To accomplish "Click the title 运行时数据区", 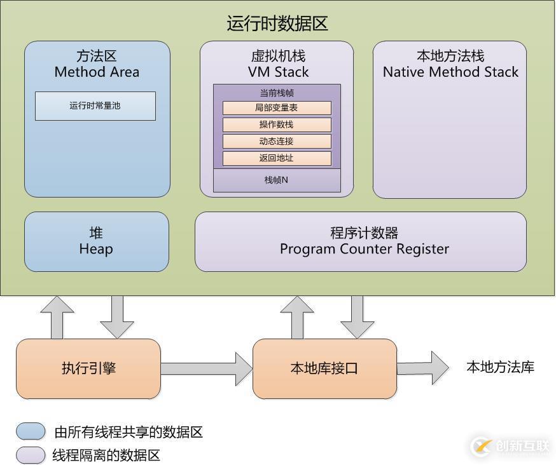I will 277,24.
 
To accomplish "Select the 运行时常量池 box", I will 95,106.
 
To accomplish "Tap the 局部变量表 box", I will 277,108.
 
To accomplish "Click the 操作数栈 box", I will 277,125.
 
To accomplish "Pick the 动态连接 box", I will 277,141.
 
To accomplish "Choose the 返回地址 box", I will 277,158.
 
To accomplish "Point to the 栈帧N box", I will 277,180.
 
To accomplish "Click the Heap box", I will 96,241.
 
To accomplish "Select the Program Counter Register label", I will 364,249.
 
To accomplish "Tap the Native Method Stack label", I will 450,72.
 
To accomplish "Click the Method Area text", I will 97,72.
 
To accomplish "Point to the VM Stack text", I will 278,72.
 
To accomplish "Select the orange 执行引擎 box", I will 88,368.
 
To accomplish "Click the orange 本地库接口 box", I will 324,368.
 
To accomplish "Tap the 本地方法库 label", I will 500,367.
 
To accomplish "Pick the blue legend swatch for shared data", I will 31,432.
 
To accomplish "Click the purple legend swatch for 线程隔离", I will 31,455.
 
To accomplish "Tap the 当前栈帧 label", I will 277,93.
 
